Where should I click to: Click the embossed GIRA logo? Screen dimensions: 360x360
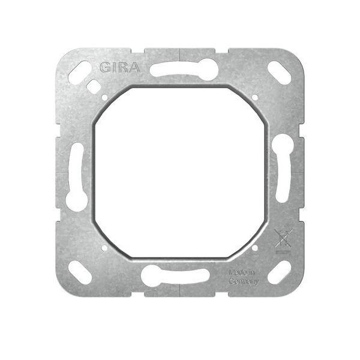tap(119, 67)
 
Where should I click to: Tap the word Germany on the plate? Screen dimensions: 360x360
tap(244, 281)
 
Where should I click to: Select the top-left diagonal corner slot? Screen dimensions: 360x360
tap(80, 73)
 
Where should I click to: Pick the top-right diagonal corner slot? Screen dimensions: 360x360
tap(280, 73)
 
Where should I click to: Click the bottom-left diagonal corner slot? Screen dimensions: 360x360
tap(80, 272)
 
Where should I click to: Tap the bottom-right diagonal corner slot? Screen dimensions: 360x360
tap(280, 272)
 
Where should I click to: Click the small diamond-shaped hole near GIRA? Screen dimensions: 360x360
tap(94, 86)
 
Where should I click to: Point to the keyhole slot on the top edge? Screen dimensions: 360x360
tap(184, 70)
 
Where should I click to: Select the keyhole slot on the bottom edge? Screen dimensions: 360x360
tap(175, 276)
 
